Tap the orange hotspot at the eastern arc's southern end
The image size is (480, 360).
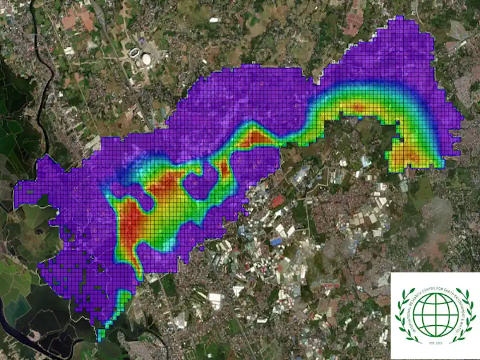click(x=409, y=157)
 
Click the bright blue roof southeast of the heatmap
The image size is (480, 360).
click(x=276, y=242)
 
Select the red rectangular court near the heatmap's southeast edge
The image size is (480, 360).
click(x=277, y=202)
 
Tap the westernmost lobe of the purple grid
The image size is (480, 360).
click(x=24, y=195)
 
